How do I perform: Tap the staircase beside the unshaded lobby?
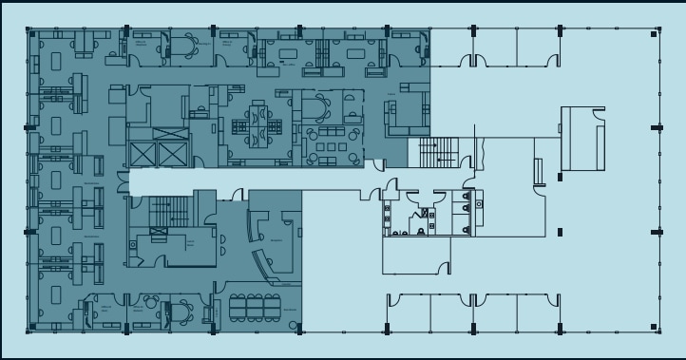(438, 151)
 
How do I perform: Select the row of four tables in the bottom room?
(254, 306)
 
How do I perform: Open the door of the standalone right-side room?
(597, 114)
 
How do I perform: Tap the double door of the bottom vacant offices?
(467, 302)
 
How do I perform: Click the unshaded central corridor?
(247, 180)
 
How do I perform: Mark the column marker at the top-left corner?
(31, 35)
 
